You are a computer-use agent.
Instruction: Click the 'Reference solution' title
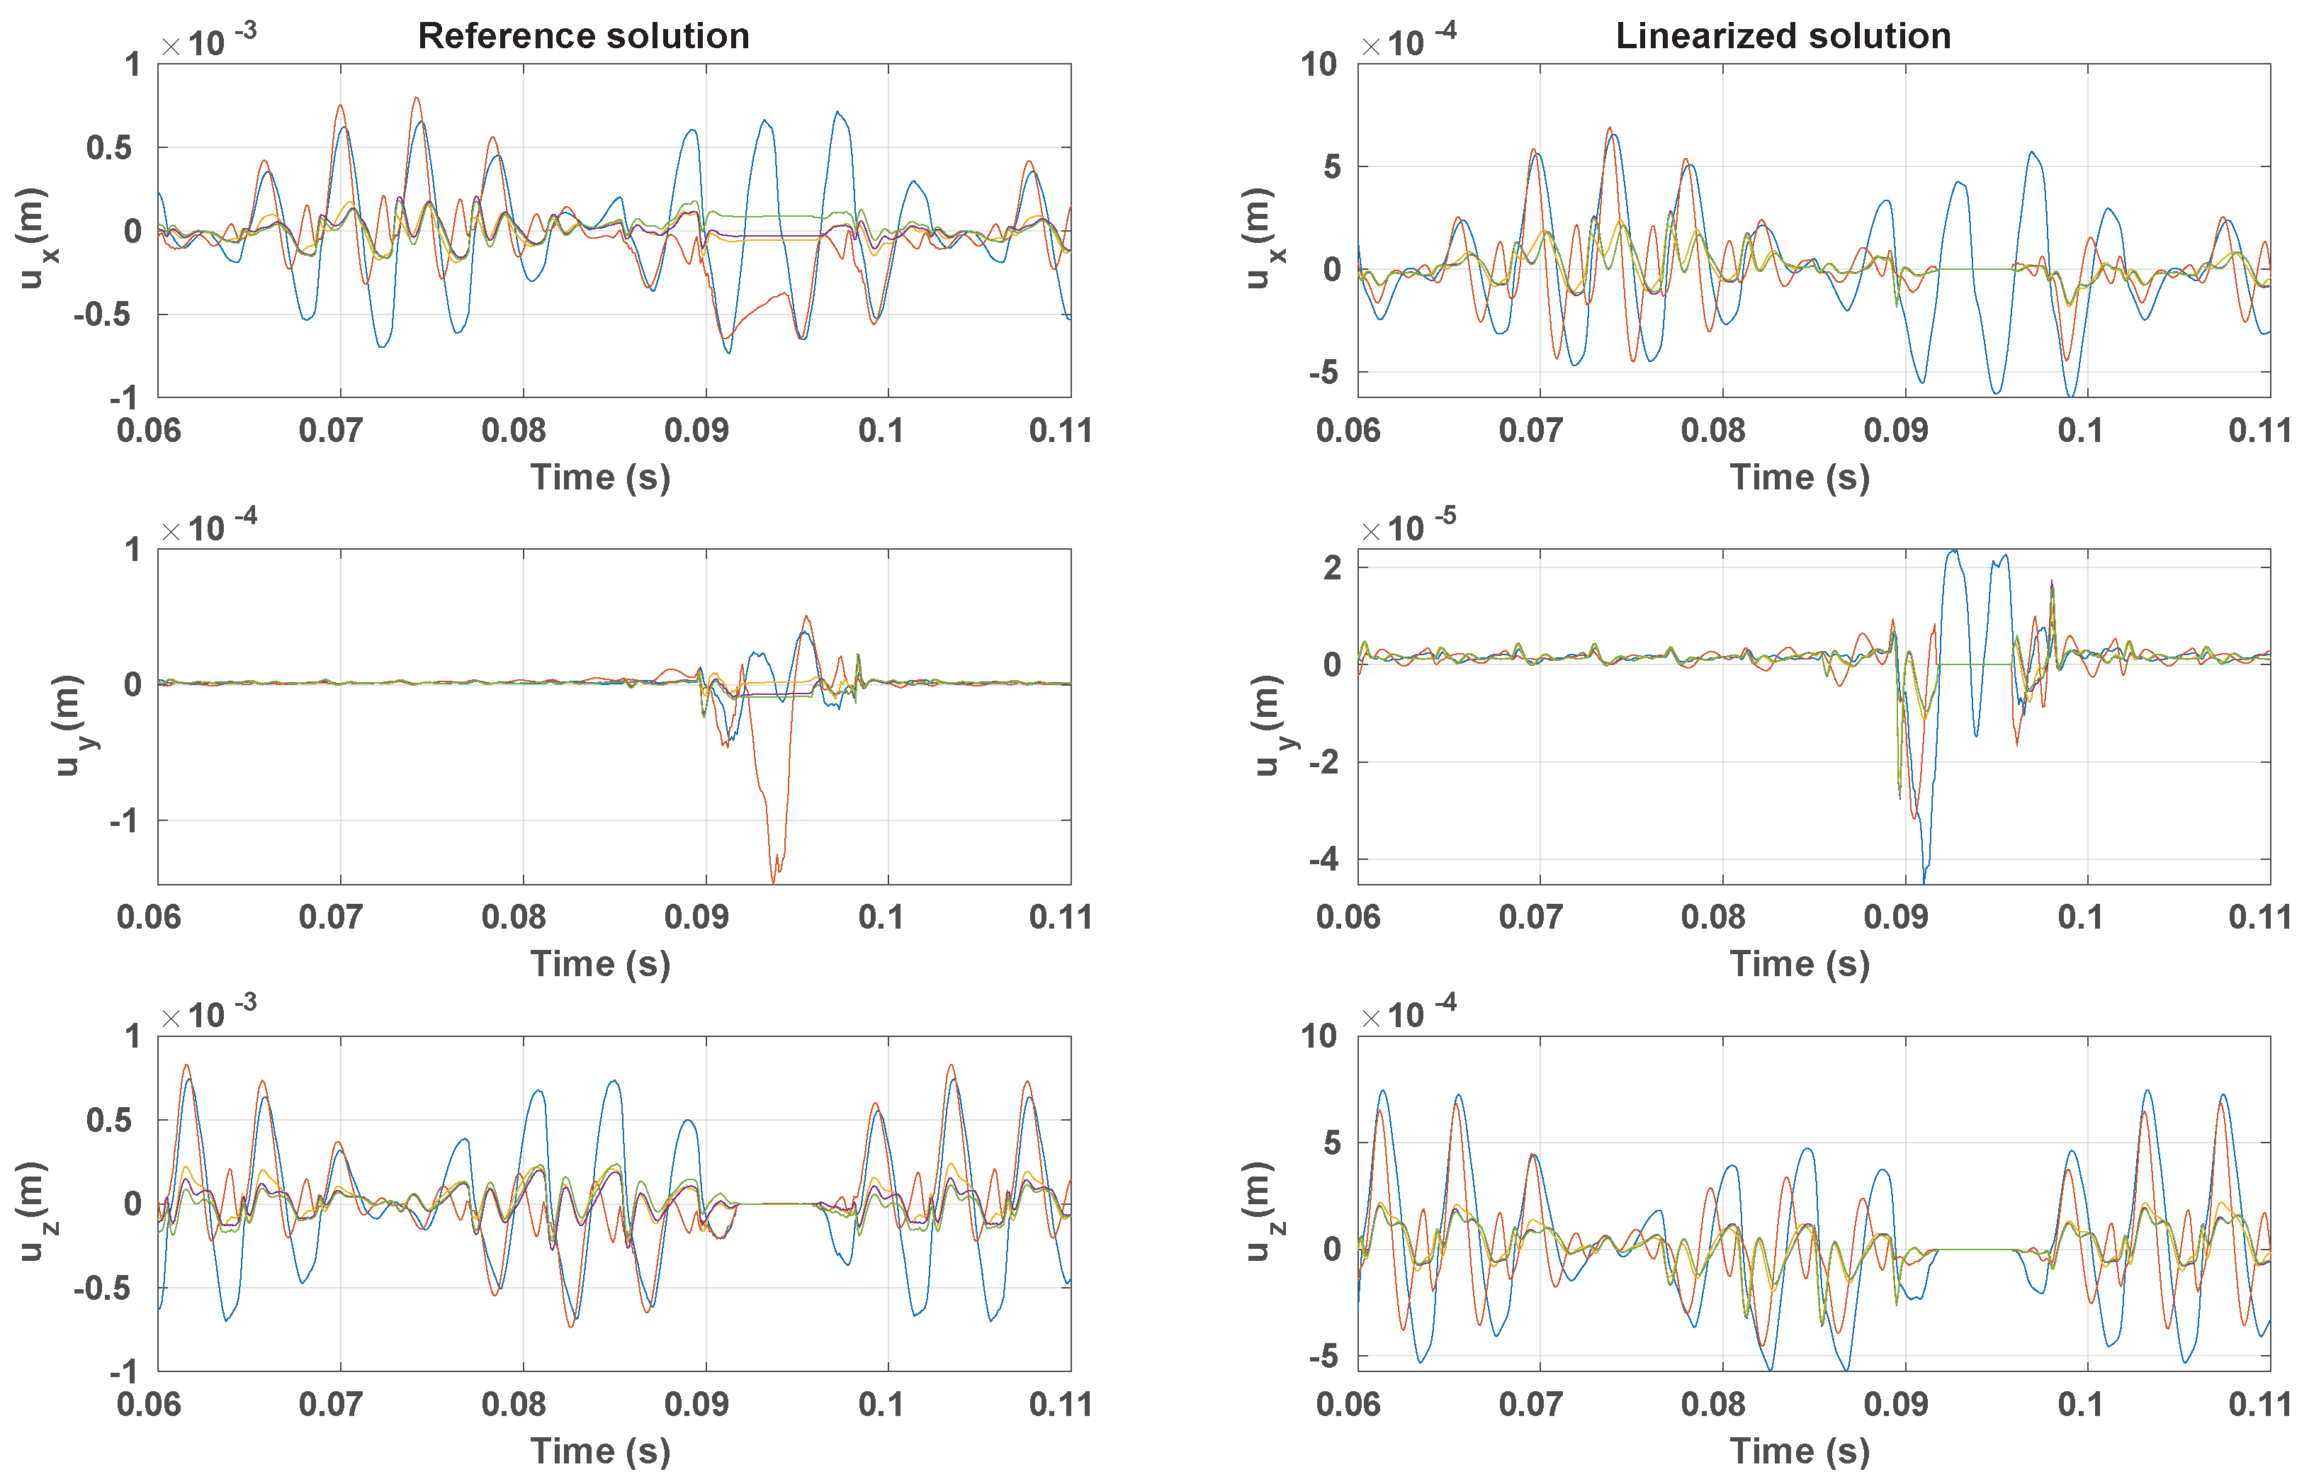583,37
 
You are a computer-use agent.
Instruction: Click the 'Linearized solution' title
1783,37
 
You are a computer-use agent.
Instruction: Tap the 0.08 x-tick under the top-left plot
513,431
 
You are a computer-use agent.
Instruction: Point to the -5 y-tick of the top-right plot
1323,372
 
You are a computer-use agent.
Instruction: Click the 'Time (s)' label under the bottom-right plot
1799,1450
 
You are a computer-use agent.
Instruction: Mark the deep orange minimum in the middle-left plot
774,880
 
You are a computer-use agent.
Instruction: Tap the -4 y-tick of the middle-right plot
1323,859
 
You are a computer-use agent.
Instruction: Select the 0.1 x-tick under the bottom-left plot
880,1404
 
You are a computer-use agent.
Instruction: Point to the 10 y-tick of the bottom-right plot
1319,1037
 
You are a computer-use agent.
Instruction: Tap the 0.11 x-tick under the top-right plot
2259,431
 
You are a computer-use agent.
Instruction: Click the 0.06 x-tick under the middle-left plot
148,917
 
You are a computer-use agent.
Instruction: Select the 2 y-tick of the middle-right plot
1331,567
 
